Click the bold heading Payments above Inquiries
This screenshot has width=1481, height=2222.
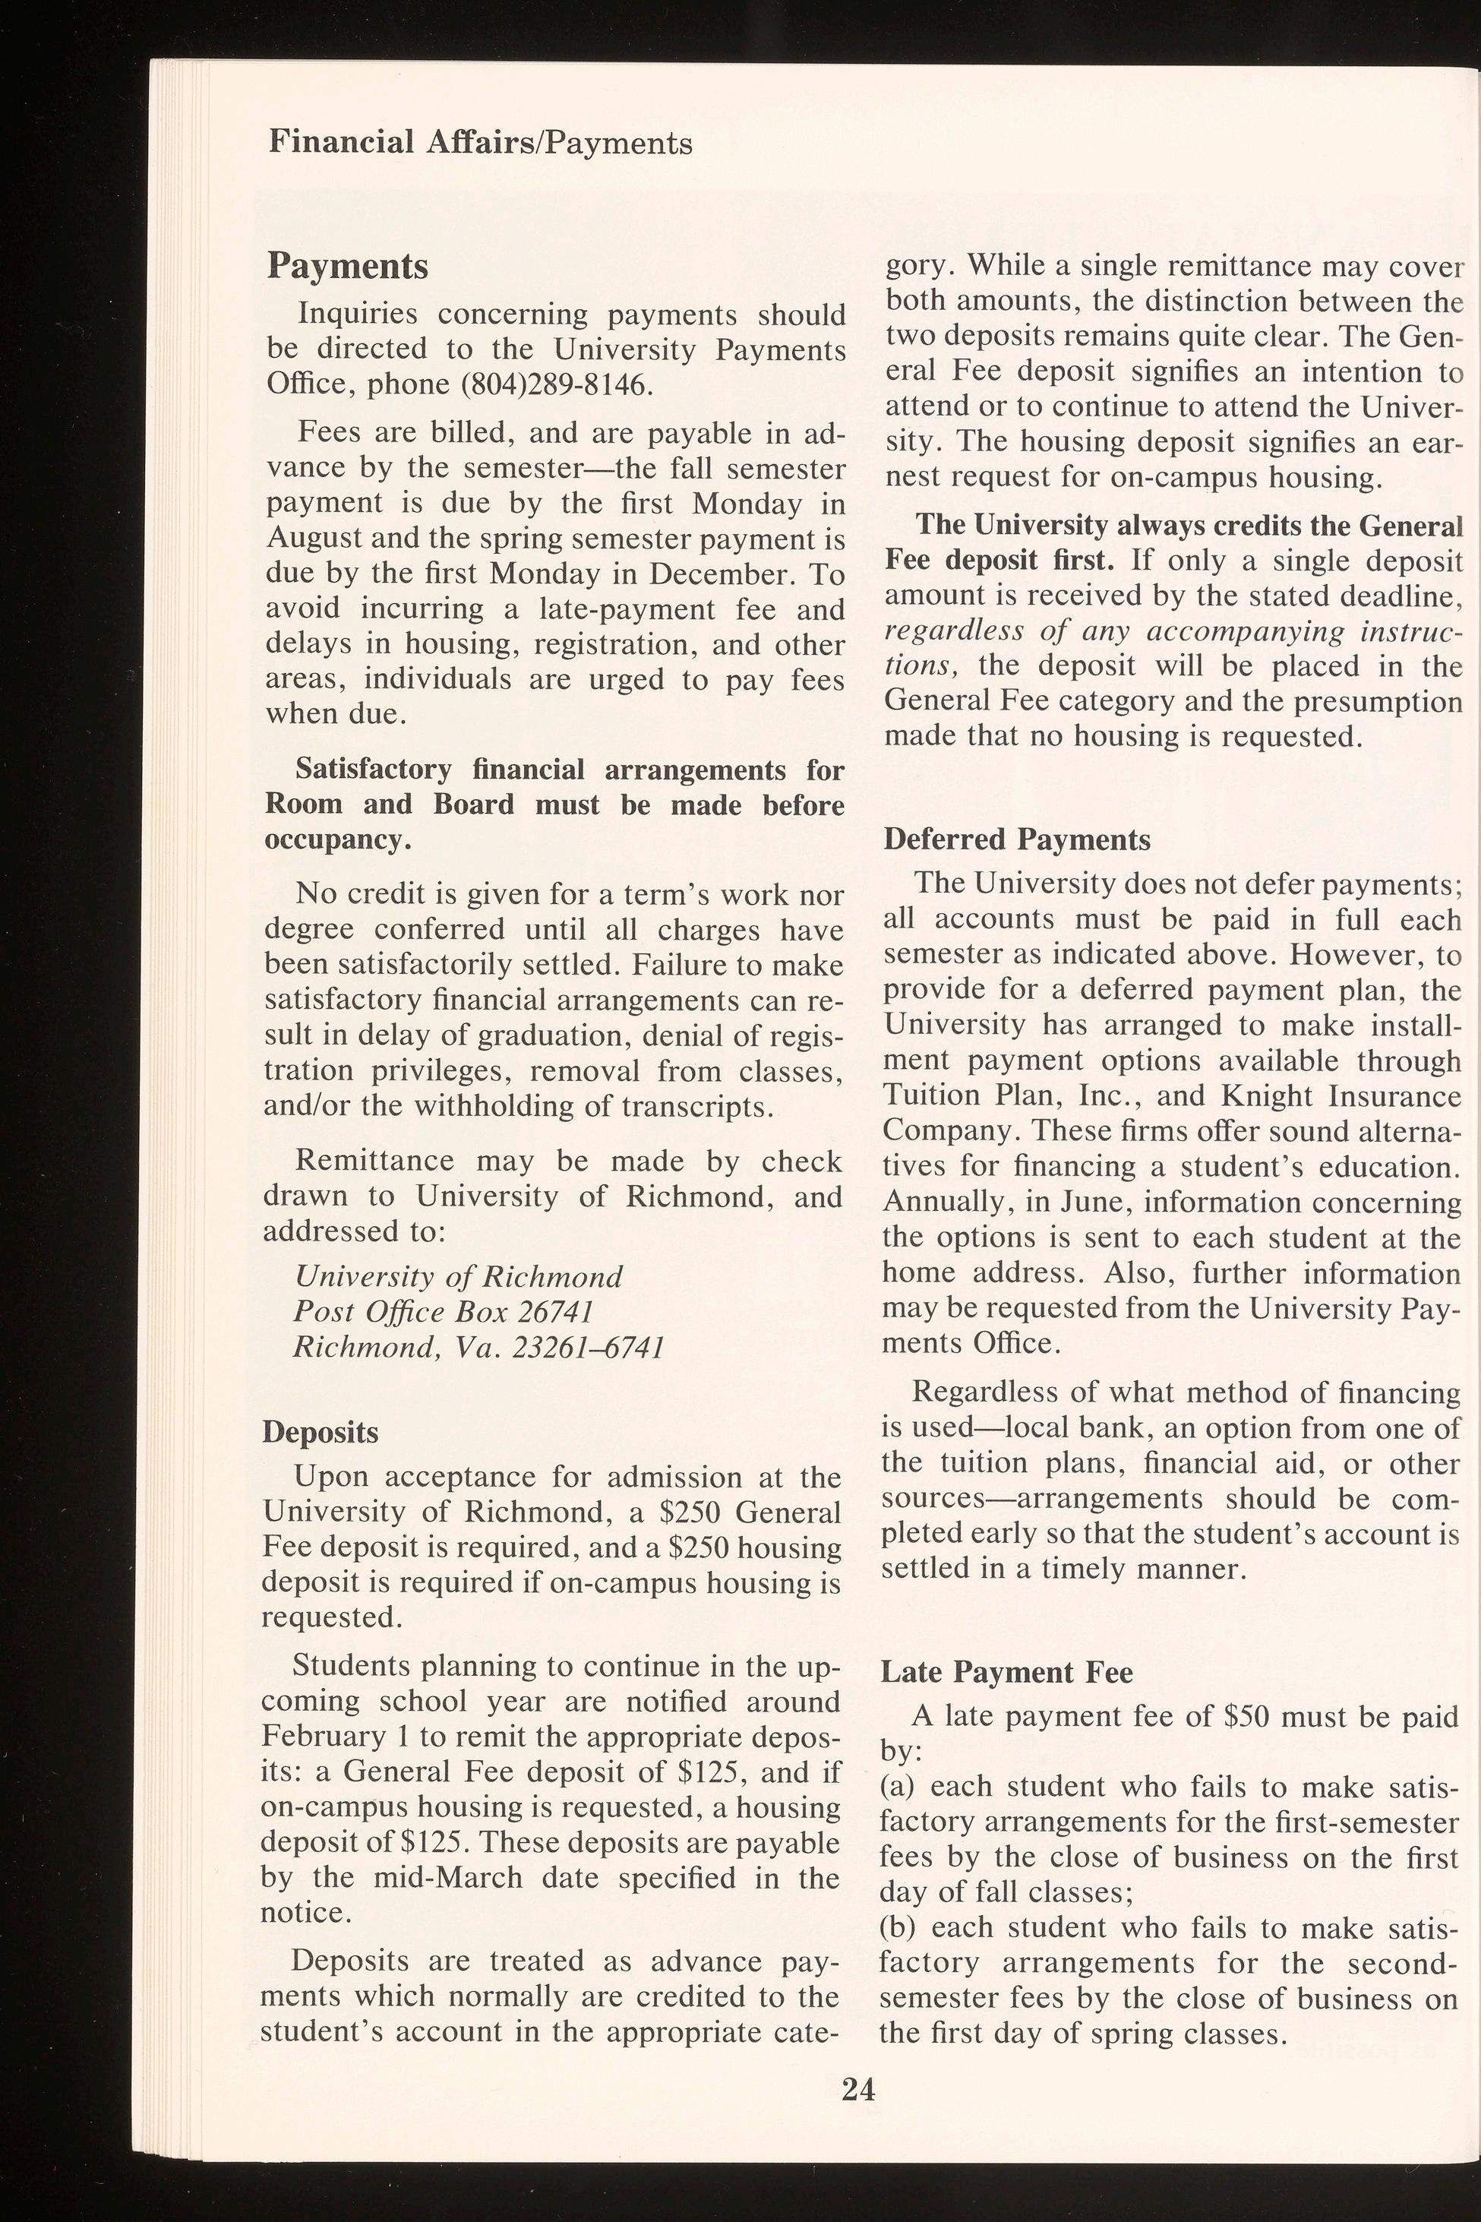pos(348,267)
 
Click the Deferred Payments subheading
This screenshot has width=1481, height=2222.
pos(1016,840)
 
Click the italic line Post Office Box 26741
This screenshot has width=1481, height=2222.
pos(443,1312)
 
